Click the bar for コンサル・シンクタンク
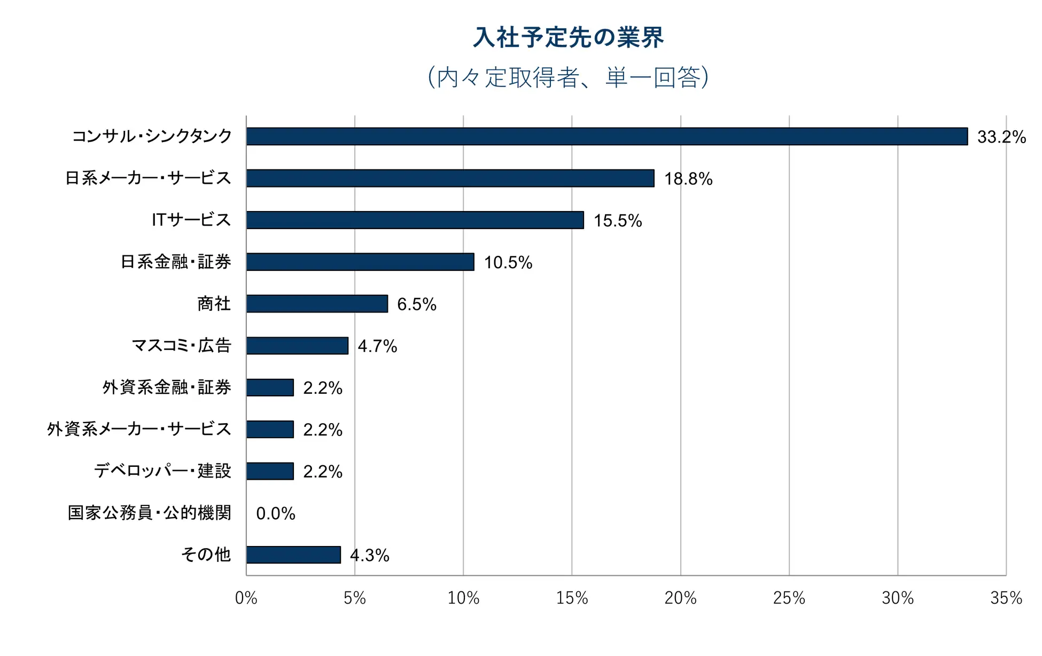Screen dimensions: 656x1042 [x=606, y=136]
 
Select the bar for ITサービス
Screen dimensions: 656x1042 [x=415, y=220]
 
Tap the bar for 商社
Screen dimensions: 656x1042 [x=317, y=303]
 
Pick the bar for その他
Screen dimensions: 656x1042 [x=293, y=555]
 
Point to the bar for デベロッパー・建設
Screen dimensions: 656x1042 [x=270, y=471]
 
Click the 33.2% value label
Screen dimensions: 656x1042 [x=1001, y=137]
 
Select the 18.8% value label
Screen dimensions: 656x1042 [x=688, y=179]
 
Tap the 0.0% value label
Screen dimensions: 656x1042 [x=276, y=513]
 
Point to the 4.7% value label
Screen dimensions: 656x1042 [x=377, y=346]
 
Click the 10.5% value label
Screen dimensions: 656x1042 [x=508, y=262]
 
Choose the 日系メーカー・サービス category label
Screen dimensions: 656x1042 [x=148, y=178]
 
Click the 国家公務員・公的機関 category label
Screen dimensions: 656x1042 [x=149, y=513]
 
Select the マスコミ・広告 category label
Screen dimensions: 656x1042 [x=181, y=346]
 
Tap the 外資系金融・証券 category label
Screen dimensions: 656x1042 [x=167, y=387]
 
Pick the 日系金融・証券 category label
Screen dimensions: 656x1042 [x=176, y=262]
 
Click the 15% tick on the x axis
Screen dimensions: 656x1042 [x=572, y=598]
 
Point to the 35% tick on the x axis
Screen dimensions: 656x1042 [x=1006, y=598]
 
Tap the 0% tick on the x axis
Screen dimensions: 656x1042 [x=246, y=598]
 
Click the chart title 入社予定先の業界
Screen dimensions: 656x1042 [x=569, y=37]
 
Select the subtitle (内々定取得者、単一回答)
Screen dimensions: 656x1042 [x=569, y=77]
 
